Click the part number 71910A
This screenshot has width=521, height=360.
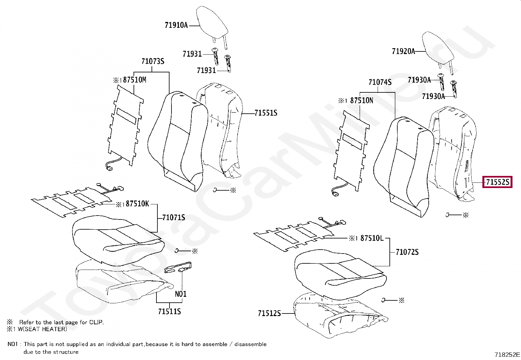pyautogui.click(x=176, y=25)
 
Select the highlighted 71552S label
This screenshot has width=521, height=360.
pyautogui.click(x=497, y=182)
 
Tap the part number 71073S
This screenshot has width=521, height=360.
pyautogui.click(x=153, y=61)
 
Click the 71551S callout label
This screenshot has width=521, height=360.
pyautogui.click(x=266, y=113)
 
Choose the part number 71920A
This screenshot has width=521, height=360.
pyautogui.click(x=403, y=51)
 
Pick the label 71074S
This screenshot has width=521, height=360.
pyautogui.click(x=380, y=82)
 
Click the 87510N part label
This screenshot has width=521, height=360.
pyautogui.click(x=361, y=101)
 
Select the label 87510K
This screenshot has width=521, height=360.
pyautogui.click(x=137, y=204)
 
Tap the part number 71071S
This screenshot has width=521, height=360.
pyautogui.click(x=173, y=217)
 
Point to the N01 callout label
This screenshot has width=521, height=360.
pyautogui.click(x=181, y=294)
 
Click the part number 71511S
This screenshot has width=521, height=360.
pyautogui.click(x=169, y=311)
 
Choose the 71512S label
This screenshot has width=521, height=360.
pyautogui.click(x=269, y=313)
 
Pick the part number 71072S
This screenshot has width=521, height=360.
pyautogui.click(x=407, y=252)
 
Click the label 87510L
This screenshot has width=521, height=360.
pyautogui.click(x=371, y=238)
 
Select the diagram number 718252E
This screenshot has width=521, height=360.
pyautogui.click(x=507, y=354)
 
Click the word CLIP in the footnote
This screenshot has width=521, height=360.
pyautogui.click(x=96, y=322)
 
